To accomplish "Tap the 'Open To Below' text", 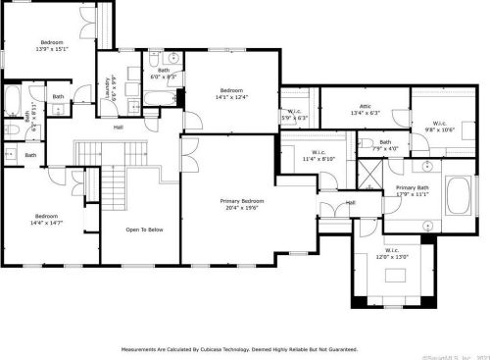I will click(143, 230).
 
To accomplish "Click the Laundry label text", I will click(106, 88).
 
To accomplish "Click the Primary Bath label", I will click(412, 190).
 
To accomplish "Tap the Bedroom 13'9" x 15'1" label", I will click(51, 45).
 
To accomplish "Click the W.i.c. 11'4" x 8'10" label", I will click(318, 155).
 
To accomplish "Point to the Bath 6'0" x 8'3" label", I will click(163, 73).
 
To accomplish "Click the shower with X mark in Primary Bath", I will click(368, 178).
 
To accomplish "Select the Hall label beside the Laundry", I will click(118, 128).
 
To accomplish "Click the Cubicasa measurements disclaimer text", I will click(238, 348).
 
